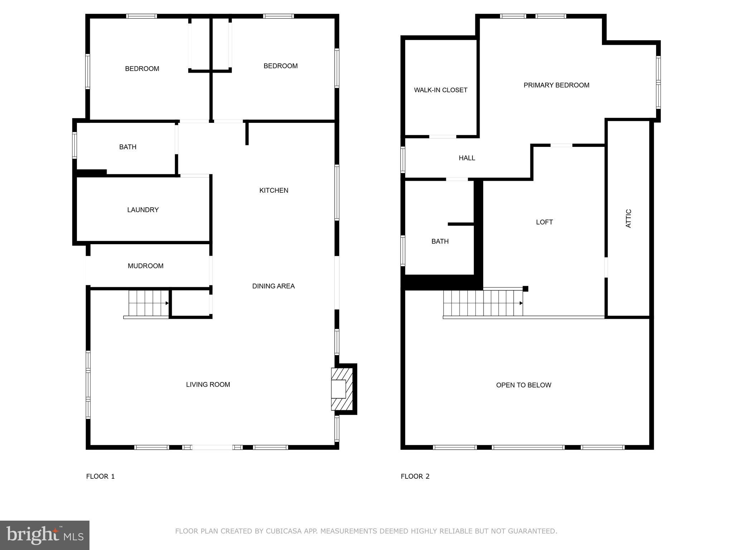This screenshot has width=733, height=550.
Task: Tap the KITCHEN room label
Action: point(274,190)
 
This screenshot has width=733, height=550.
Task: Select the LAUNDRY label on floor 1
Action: point(143,210)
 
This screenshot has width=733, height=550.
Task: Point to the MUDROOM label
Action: point(146,266)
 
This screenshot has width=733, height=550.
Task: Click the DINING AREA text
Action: point(273,286)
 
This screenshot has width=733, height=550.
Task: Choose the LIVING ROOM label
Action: point(208,385)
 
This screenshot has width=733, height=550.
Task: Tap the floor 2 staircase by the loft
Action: point(483,303)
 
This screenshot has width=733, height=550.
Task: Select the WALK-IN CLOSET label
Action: point(441,90)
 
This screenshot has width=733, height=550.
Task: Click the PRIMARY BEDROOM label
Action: point(556,85)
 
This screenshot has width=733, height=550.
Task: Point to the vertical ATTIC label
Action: point(628,218)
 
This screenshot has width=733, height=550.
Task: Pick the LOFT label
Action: point(544,222)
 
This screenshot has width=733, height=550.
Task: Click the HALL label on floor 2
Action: point(467,158)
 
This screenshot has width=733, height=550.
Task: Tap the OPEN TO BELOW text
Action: point(524,385)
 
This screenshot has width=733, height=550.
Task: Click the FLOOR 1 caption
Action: point(101,476)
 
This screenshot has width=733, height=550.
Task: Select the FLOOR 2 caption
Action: point(415,476)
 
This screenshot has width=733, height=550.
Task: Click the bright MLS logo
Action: point(45,535)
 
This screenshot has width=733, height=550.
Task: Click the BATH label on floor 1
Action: point(128,147)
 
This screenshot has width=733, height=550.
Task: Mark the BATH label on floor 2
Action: point(440,241)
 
